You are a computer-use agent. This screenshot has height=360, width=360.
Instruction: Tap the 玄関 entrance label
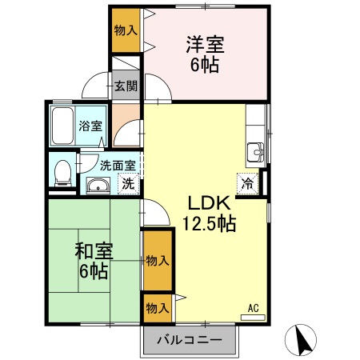pyautogui.click(x=125, y=86)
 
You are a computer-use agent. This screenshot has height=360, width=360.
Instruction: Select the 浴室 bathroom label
pyautogui.click(x=90, y=125)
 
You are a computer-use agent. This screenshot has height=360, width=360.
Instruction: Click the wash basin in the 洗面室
pyautogui.click(x=98, y=186)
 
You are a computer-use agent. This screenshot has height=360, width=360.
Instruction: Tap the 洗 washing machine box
pyautogui.click(x=127, y=183)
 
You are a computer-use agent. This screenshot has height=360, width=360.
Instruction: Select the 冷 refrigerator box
pyautogui.click(x=248, y=183)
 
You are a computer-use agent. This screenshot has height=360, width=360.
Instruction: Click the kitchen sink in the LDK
pyautogui.click(x=256, y=150)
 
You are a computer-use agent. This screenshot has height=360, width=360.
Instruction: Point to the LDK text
pyautogui.click(x=210, y=203)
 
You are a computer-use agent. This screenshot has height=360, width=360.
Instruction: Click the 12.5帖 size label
pyautogui.click(x=210, y=224)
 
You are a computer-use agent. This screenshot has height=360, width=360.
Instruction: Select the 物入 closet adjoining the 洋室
pyautogui.click(x=125, y=30)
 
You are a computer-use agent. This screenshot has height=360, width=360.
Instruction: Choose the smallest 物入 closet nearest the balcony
pyautogui.click(x=157, y=306)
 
